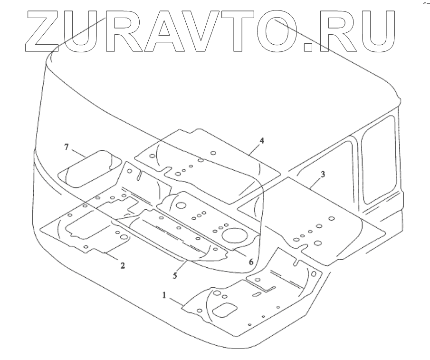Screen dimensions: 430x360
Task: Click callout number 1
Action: tap(164, 295)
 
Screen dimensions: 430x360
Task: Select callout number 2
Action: tap(122, 265)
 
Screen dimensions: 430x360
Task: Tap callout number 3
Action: tap(323, 175)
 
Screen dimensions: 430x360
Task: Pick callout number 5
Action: tap(175, 274)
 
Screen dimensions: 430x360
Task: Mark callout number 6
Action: tap(251, 262)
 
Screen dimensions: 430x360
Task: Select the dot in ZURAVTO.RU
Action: tap(309, 46)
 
